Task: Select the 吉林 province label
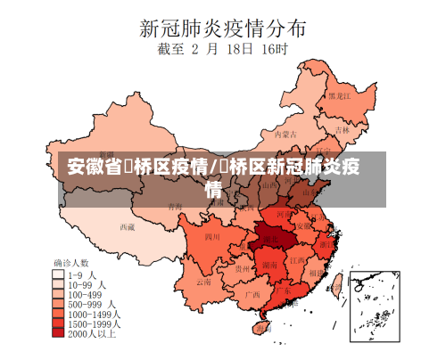[x=343, y=128]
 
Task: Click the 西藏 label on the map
[x=128, y=226]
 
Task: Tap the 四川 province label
[x=212, y=237]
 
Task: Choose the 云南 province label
[x=204, y=282]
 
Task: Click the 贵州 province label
[x=242, y=267]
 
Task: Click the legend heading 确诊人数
[x=71, y=263]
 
